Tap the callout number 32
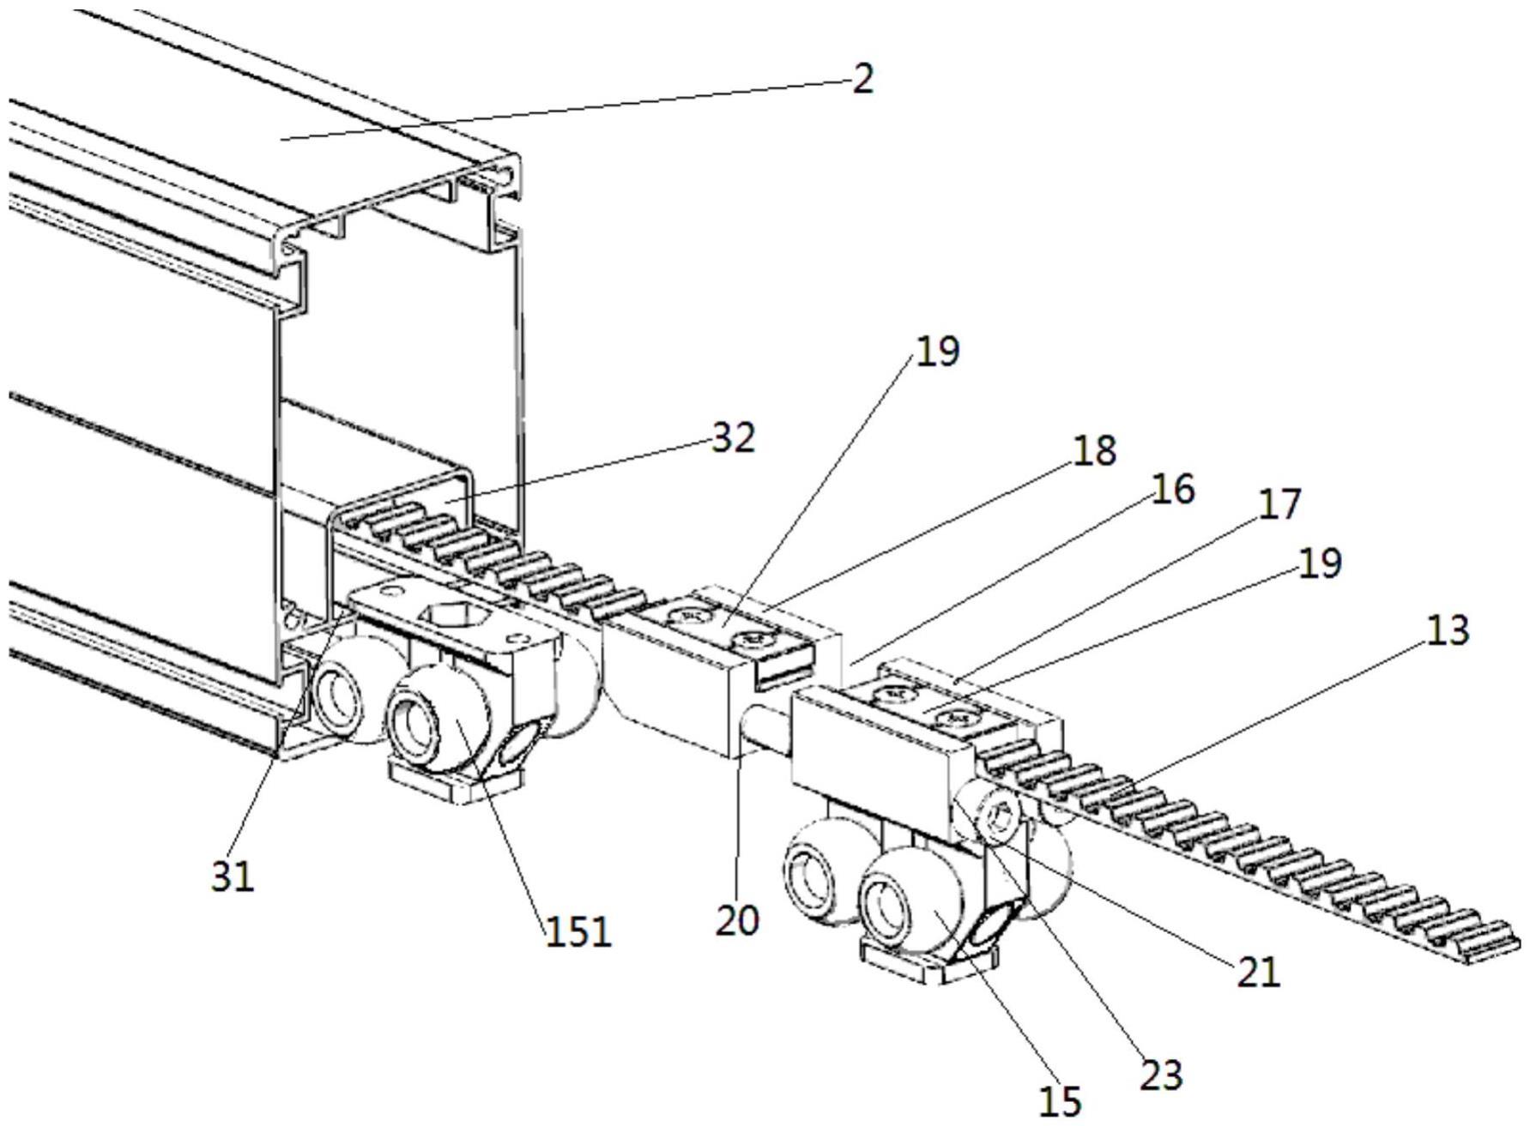click(732, 438)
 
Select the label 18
click(1093, 451)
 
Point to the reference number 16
click(1171, 490)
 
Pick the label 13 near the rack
click(1446, 630)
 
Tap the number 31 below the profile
click(233, 876)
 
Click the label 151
click(578, 930)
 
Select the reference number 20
click(737, 920)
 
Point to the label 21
click(1258, 972)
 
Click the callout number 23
click(1161, 1075)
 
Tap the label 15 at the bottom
click(1060, 1102)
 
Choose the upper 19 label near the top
click(937, 351)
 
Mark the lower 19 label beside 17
click(1319, 563)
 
